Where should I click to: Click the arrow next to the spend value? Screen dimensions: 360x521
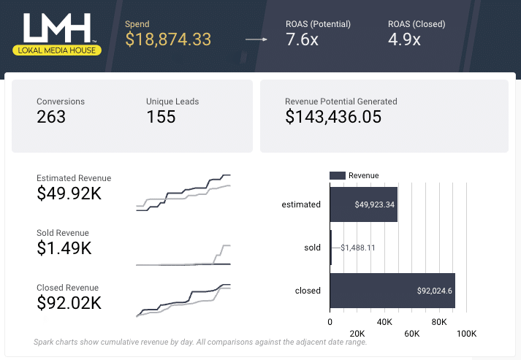256,39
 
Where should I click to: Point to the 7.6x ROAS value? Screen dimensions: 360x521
302,39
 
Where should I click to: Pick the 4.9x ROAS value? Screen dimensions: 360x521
404,39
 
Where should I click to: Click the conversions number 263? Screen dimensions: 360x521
51,116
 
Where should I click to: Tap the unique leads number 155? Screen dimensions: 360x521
161,116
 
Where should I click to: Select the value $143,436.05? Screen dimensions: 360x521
333,116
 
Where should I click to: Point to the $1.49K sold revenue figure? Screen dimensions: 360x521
64,248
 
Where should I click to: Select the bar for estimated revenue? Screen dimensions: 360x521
363,204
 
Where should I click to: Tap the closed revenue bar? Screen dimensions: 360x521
392,291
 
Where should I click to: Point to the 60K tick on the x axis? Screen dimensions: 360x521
411,334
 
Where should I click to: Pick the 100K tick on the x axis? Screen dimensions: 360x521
466,334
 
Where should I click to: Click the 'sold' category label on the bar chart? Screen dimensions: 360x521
312,248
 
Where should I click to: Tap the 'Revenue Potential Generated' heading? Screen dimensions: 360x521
341,102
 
